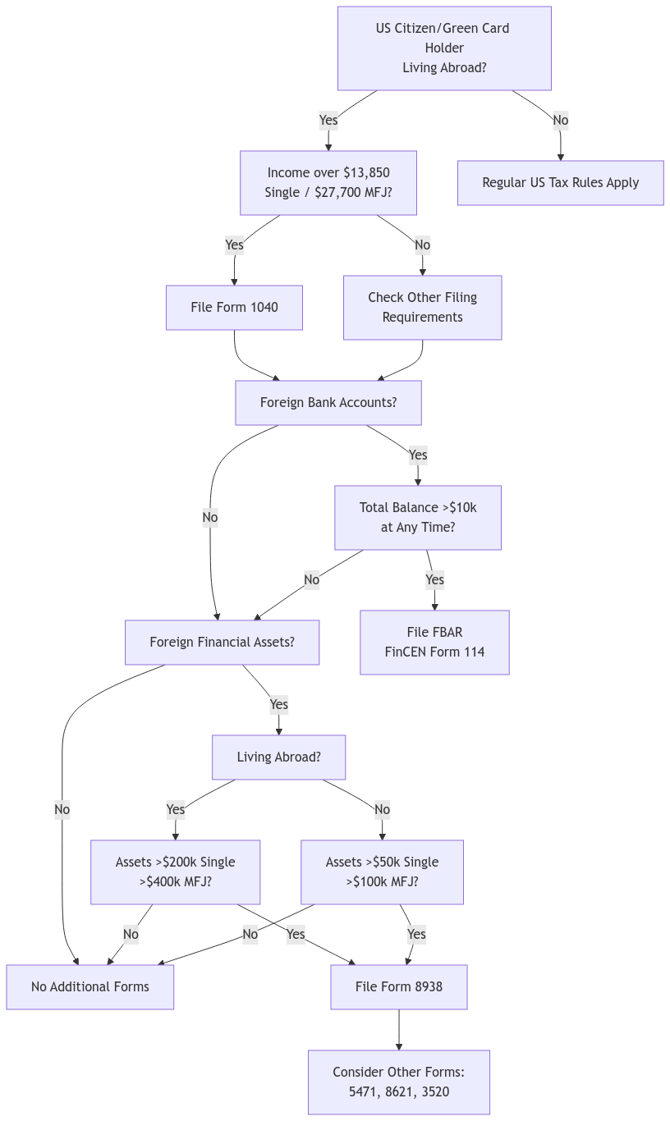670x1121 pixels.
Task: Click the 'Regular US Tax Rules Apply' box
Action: tap(560, 183)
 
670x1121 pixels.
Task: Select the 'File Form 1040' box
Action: tap(234, 308)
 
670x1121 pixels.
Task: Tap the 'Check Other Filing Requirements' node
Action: tap(422, 308)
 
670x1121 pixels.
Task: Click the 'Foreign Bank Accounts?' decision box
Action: tap(328, 403)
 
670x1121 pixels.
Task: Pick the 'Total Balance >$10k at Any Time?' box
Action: tap(417, 518)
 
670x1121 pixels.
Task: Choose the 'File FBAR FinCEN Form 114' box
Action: tap(434, 643)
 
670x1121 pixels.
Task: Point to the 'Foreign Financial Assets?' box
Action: tap(222, 643)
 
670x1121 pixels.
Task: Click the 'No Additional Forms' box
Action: tap(90, 987)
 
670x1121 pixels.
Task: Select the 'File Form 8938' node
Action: tap(398, 987)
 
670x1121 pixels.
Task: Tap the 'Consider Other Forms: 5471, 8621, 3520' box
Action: tap(398, 1082)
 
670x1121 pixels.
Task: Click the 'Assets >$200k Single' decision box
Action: tap(175, 872)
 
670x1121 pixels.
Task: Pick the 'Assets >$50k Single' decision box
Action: tap(382, 872)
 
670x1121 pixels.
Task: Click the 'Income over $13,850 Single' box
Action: tap(328, 183)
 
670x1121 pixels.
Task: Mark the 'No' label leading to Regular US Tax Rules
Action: tap(560, 121)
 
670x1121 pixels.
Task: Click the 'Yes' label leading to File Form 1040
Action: tap(234, 245)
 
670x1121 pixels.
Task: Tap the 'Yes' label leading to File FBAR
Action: tap(434, 580)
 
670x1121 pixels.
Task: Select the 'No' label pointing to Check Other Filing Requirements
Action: tap(422, 245)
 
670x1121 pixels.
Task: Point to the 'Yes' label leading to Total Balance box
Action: tap(417, 455)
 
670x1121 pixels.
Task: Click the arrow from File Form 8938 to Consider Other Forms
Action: tap(399, 1030)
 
